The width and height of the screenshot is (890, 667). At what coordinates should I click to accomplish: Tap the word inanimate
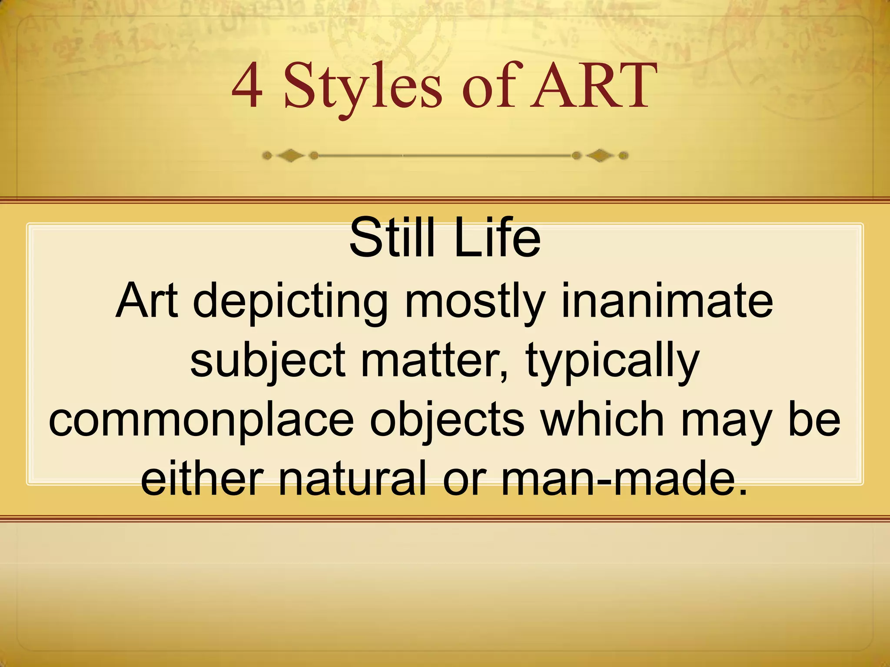coord(667,300)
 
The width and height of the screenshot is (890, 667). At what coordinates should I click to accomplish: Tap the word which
coord(604,419)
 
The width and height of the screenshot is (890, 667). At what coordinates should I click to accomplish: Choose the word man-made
coord(624,479)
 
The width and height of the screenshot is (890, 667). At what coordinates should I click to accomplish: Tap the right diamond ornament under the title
coord(600,155)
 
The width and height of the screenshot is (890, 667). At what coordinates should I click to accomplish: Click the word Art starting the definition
coord(147,300)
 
